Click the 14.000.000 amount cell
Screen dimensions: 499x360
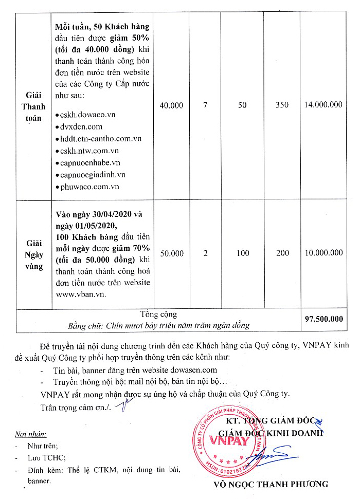click(x=323, y=105)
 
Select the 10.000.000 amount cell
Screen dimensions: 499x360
click(x=323, y=253)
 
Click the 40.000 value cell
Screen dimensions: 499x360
click(x=171, y=105)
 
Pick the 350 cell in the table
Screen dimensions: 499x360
click(x=282, y=105)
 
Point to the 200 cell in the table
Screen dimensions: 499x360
click(x=282, y=253)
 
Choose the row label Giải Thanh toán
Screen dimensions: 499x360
click(x=33, y=106)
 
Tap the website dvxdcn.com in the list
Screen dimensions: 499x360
click(x=81, y=126)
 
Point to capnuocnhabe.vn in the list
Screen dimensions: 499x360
click(x=90, y=162)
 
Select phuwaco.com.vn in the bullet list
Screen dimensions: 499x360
click(x=89, y=187)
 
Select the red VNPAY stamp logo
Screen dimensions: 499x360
click(x=229, y=440)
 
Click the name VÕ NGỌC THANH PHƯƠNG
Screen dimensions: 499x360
click(x=271, y=484)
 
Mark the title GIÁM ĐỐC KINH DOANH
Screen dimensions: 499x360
click(x=271, y=433)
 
